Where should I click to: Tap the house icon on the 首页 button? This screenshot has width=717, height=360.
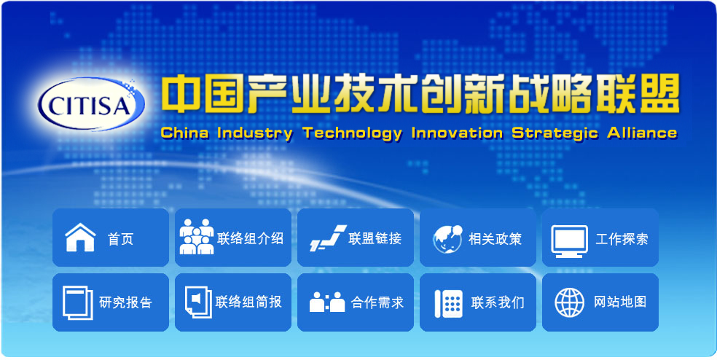[x=80, y=238]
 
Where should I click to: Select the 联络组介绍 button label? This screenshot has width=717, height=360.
[x=250, y=238]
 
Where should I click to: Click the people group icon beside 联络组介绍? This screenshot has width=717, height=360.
[x=197, y=236]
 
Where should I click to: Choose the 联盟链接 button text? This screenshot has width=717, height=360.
[x=375, y=238]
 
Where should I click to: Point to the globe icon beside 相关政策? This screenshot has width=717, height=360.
[x=447, y=238]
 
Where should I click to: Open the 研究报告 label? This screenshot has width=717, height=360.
[x=125, y=302]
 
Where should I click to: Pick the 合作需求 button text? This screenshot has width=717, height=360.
[x=377, y=302]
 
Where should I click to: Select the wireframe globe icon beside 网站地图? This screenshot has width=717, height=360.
[x=570, y=302]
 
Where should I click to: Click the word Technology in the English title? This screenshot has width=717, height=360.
[x=352, y=133]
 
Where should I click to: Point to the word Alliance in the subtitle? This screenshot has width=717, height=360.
[x=640, y=133]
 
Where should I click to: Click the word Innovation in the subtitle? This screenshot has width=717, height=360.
[x=456, y=133]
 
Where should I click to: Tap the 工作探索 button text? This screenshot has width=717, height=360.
[x=622, y=239]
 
